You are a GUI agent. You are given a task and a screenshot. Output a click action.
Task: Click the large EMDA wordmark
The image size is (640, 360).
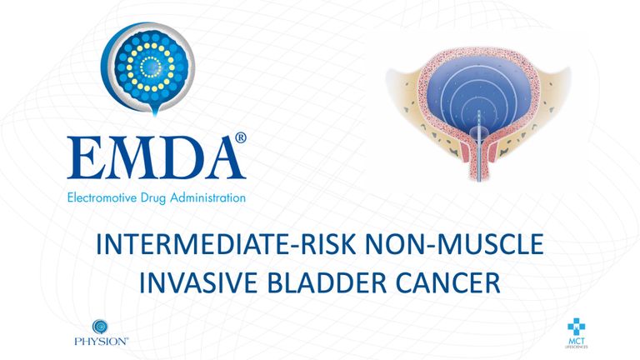point(157,157)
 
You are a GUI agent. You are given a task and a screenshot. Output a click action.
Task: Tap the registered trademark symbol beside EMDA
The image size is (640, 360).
point(241,137)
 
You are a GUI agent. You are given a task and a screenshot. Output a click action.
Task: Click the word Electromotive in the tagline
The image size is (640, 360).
point(102,198)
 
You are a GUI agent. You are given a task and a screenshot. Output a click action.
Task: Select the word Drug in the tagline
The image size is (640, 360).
point(153,199)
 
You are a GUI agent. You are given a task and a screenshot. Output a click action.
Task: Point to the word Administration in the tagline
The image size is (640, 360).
point(207,198)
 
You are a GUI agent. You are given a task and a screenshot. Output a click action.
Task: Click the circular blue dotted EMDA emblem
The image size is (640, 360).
point(147,67)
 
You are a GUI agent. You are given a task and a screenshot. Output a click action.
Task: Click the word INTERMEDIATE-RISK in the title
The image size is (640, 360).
point(227,244)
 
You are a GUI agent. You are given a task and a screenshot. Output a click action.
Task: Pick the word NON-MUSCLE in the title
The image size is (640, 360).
point(454,244)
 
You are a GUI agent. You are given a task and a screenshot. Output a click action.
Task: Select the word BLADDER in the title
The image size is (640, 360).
point(327,282)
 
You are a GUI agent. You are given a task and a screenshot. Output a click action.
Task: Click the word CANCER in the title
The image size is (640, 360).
point(447,282)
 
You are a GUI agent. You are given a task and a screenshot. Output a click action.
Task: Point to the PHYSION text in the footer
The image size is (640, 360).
point(101,341)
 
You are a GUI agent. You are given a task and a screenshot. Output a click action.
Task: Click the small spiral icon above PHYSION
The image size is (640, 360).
point(100,327)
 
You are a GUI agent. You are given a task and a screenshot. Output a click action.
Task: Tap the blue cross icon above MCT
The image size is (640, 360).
point(577,327)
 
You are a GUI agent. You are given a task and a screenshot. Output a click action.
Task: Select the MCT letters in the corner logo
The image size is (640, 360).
point(577,341)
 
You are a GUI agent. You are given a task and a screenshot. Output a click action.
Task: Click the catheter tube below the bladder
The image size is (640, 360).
point(479,163)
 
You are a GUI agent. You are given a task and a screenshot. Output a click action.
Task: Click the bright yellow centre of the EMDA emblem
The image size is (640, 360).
point(150,67)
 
